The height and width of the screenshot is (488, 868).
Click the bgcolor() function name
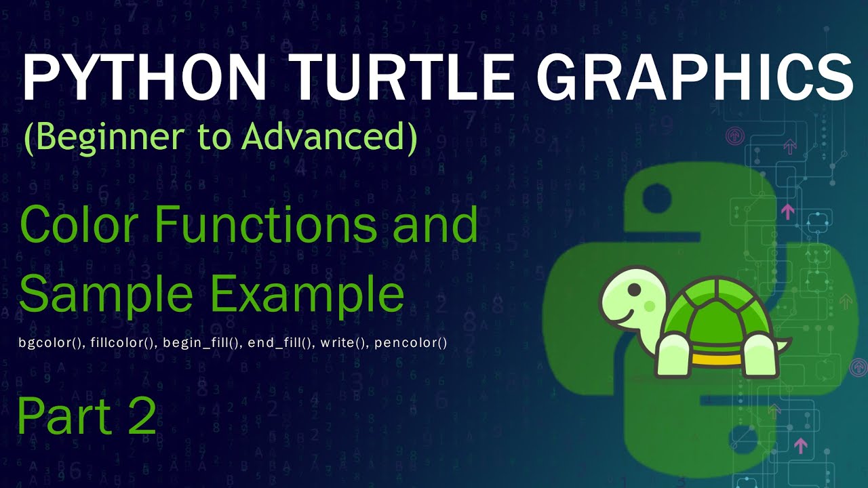(51, 343)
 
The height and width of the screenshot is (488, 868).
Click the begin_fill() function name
(202, 343)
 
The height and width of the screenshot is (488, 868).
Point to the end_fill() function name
(281, 343)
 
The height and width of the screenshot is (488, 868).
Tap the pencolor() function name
(410, 343)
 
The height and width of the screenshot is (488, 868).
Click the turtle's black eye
(633, 289)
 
